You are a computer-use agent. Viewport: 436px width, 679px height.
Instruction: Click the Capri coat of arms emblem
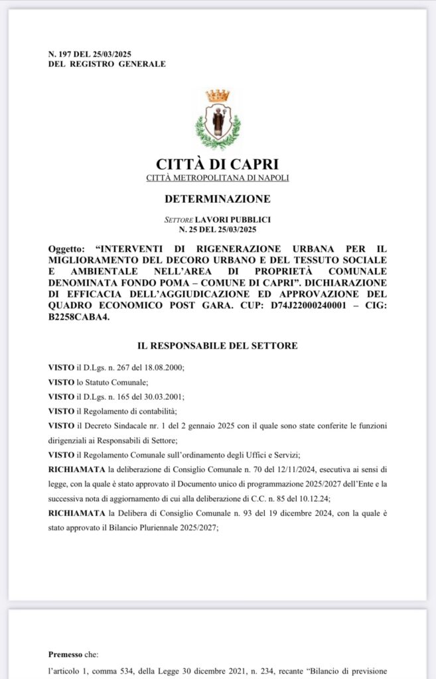(x=218, y=120)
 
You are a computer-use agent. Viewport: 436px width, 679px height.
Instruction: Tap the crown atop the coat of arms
(x=218, y=95)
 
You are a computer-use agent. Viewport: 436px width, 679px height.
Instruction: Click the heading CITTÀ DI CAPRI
(x=218, y=164)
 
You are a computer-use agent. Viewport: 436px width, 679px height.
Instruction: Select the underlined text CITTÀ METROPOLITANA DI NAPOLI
(x=218, y=178)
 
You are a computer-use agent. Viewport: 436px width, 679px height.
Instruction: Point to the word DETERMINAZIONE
(x=218, y=198)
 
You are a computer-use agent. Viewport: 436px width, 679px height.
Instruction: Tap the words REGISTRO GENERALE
(x=132, y=64)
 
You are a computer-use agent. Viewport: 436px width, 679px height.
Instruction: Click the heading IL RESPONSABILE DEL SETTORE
(x=218, y=345)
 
